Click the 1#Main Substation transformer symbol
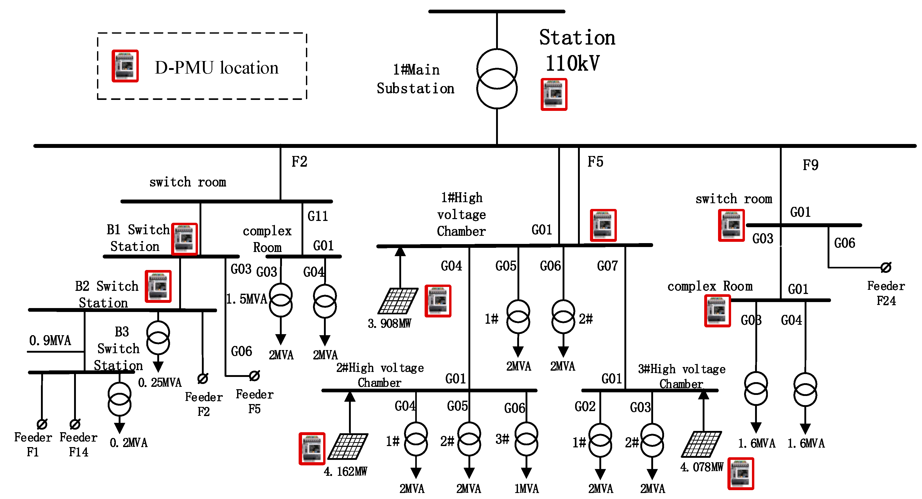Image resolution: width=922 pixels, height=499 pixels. (497, 79)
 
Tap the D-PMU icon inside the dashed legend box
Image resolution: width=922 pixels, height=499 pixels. (125, 66)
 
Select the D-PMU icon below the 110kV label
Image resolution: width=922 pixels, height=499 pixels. (554, 94)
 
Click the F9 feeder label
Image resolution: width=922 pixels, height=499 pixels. (810, 165)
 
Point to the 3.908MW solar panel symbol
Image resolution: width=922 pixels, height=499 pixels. (398, 301)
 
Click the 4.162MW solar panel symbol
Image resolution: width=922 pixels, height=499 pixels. (348, 446)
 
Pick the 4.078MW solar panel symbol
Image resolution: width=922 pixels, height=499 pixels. (701, 444)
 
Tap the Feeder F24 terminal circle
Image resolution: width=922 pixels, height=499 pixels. (886, 267)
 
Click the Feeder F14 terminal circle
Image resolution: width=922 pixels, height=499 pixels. (75, 424)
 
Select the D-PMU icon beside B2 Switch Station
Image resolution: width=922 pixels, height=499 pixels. (158, 286)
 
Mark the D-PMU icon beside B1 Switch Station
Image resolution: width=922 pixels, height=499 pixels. (184, 239)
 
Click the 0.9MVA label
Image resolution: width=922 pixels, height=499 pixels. (50, 340)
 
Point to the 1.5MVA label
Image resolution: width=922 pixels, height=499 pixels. (247, 299)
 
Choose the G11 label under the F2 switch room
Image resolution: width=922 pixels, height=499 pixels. (317, 216)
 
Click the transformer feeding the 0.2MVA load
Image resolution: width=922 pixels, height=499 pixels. (119, 399)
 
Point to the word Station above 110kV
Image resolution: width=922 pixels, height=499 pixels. (577, 38)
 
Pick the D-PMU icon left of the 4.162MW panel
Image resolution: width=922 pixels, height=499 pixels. (312, 449)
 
